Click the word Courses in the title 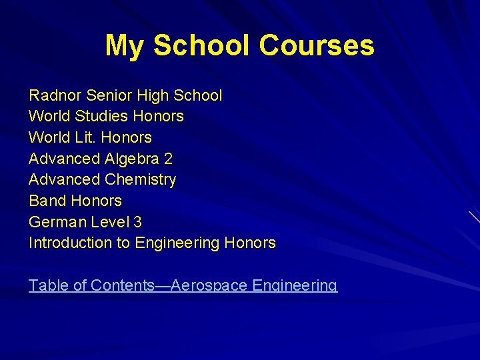tap(317, 46)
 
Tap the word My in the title tap(125, 46)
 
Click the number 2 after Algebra tap(168, 159)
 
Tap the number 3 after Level tap(137, 222)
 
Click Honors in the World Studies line tap(159, 116)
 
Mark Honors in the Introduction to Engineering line tap(250, 243)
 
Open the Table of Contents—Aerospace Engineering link tap(183, 285)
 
